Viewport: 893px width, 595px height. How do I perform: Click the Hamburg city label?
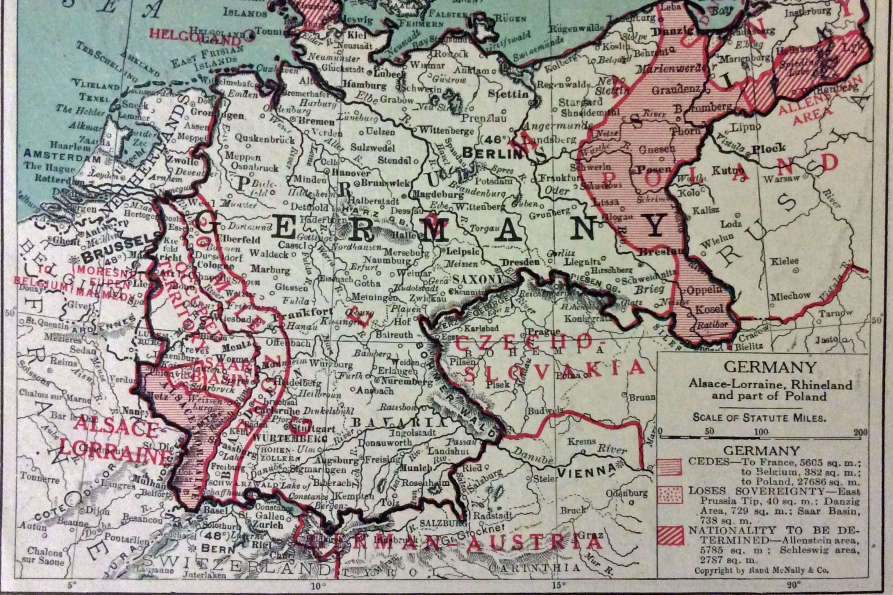click(365, 86)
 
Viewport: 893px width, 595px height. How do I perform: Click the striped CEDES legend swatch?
click(670, 467)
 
